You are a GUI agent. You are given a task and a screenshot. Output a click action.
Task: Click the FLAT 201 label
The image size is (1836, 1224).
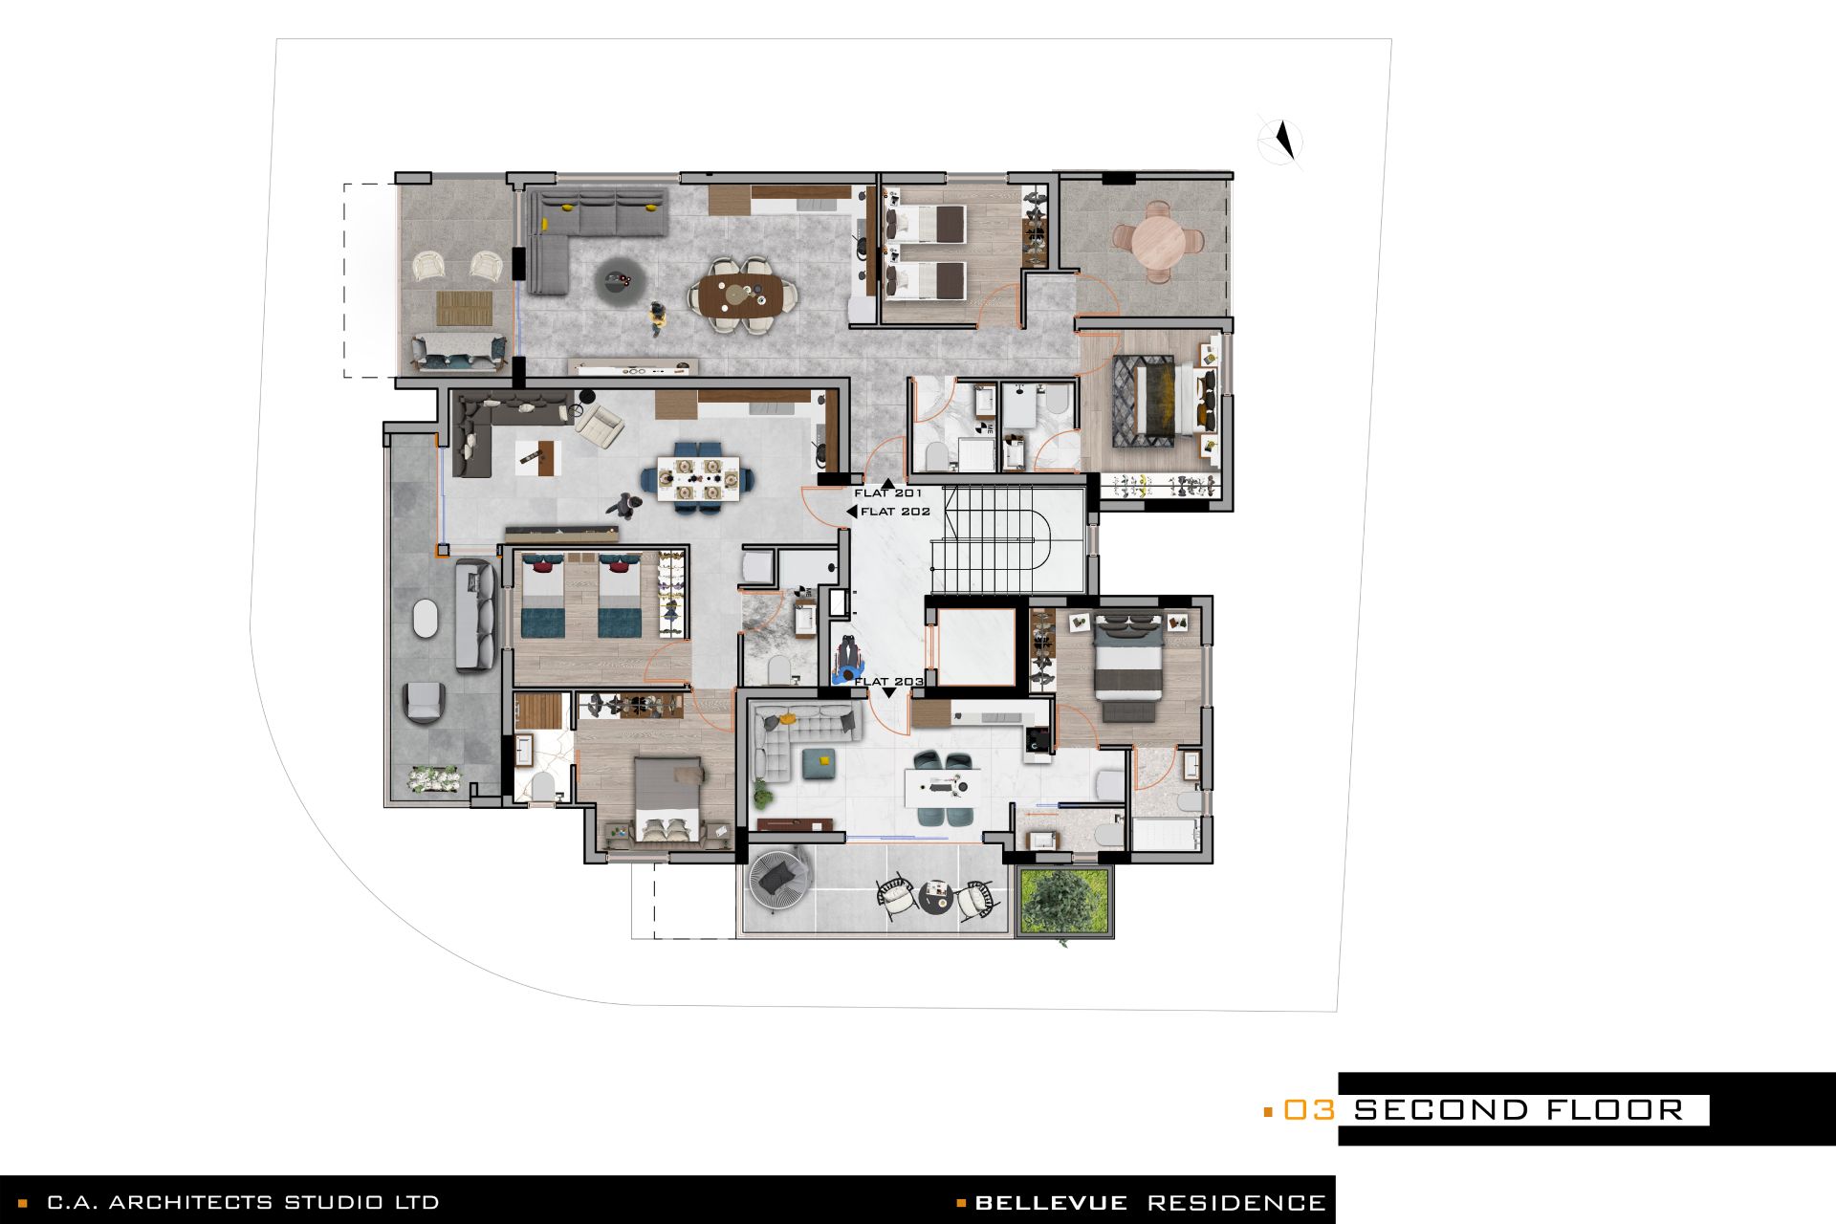888,493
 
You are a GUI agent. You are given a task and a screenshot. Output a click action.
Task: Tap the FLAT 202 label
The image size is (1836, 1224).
895,512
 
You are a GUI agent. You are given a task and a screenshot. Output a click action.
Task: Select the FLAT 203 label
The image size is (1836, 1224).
889,682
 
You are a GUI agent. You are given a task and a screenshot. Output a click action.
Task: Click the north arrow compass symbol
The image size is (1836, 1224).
1281,142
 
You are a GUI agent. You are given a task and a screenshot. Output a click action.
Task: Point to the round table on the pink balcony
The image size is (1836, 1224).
1158,242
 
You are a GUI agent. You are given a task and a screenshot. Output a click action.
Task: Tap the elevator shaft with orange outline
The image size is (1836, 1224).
975,645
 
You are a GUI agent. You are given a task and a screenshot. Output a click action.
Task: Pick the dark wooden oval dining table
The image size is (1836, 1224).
744,295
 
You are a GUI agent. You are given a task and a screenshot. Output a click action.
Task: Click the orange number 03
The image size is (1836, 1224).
1308,1110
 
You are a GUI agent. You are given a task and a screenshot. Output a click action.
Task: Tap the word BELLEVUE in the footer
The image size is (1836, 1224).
1051,1202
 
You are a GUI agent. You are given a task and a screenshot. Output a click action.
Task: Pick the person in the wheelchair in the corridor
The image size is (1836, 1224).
847,660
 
